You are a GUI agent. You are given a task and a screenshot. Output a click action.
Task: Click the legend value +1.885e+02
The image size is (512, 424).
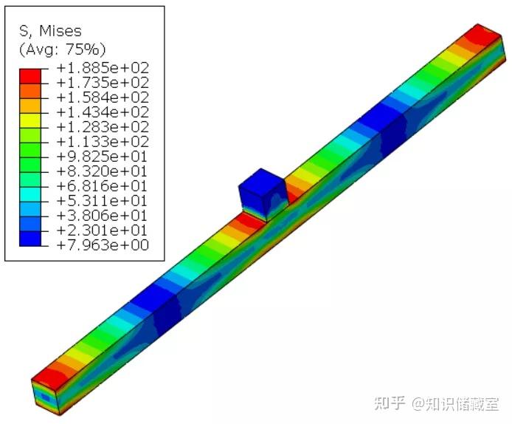pyautogui.click(x=103, y=68)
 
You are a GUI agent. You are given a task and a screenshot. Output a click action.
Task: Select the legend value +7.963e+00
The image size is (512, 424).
pyautogui.click(x=103, y=245)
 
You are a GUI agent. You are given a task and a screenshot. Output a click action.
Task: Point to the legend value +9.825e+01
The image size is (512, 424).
pyautogui.click(x=103, y=157)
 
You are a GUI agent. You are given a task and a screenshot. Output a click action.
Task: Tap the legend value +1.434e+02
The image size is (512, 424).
pyautogui.click(x=103, y=112)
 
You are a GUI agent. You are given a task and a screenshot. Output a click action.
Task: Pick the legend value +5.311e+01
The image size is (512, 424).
pyautogui.click(x=103, y=200)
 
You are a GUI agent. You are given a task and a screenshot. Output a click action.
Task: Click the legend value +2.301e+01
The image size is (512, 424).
pyautogui.click(x=103, y=230)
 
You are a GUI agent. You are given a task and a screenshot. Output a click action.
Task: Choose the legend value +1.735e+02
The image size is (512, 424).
pyautogui.click(x=103, y=83)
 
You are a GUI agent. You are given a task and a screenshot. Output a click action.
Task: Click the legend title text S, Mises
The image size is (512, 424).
pyautogui.click(x=50, y=31)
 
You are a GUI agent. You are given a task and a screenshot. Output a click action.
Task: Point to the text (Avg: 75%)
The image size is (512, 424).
pyautogui.click(x=63, y=49)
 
